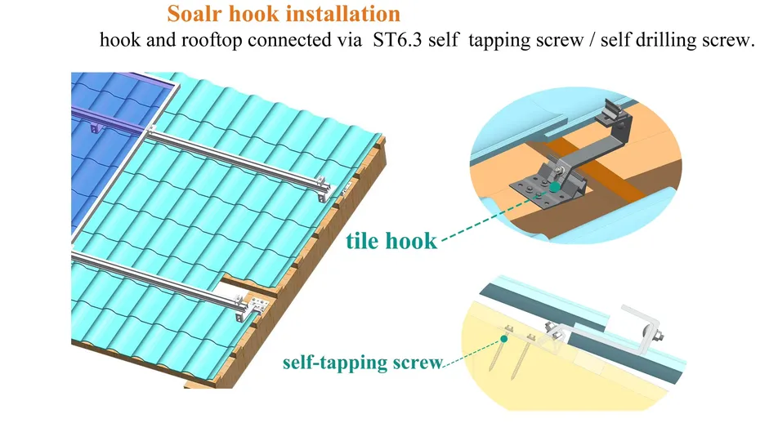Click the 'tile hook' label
(390, 240)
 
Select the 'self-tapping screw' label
(362, 361)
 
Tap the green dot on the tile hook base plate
(556, 187)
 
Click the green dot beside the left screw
(505, 337)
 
